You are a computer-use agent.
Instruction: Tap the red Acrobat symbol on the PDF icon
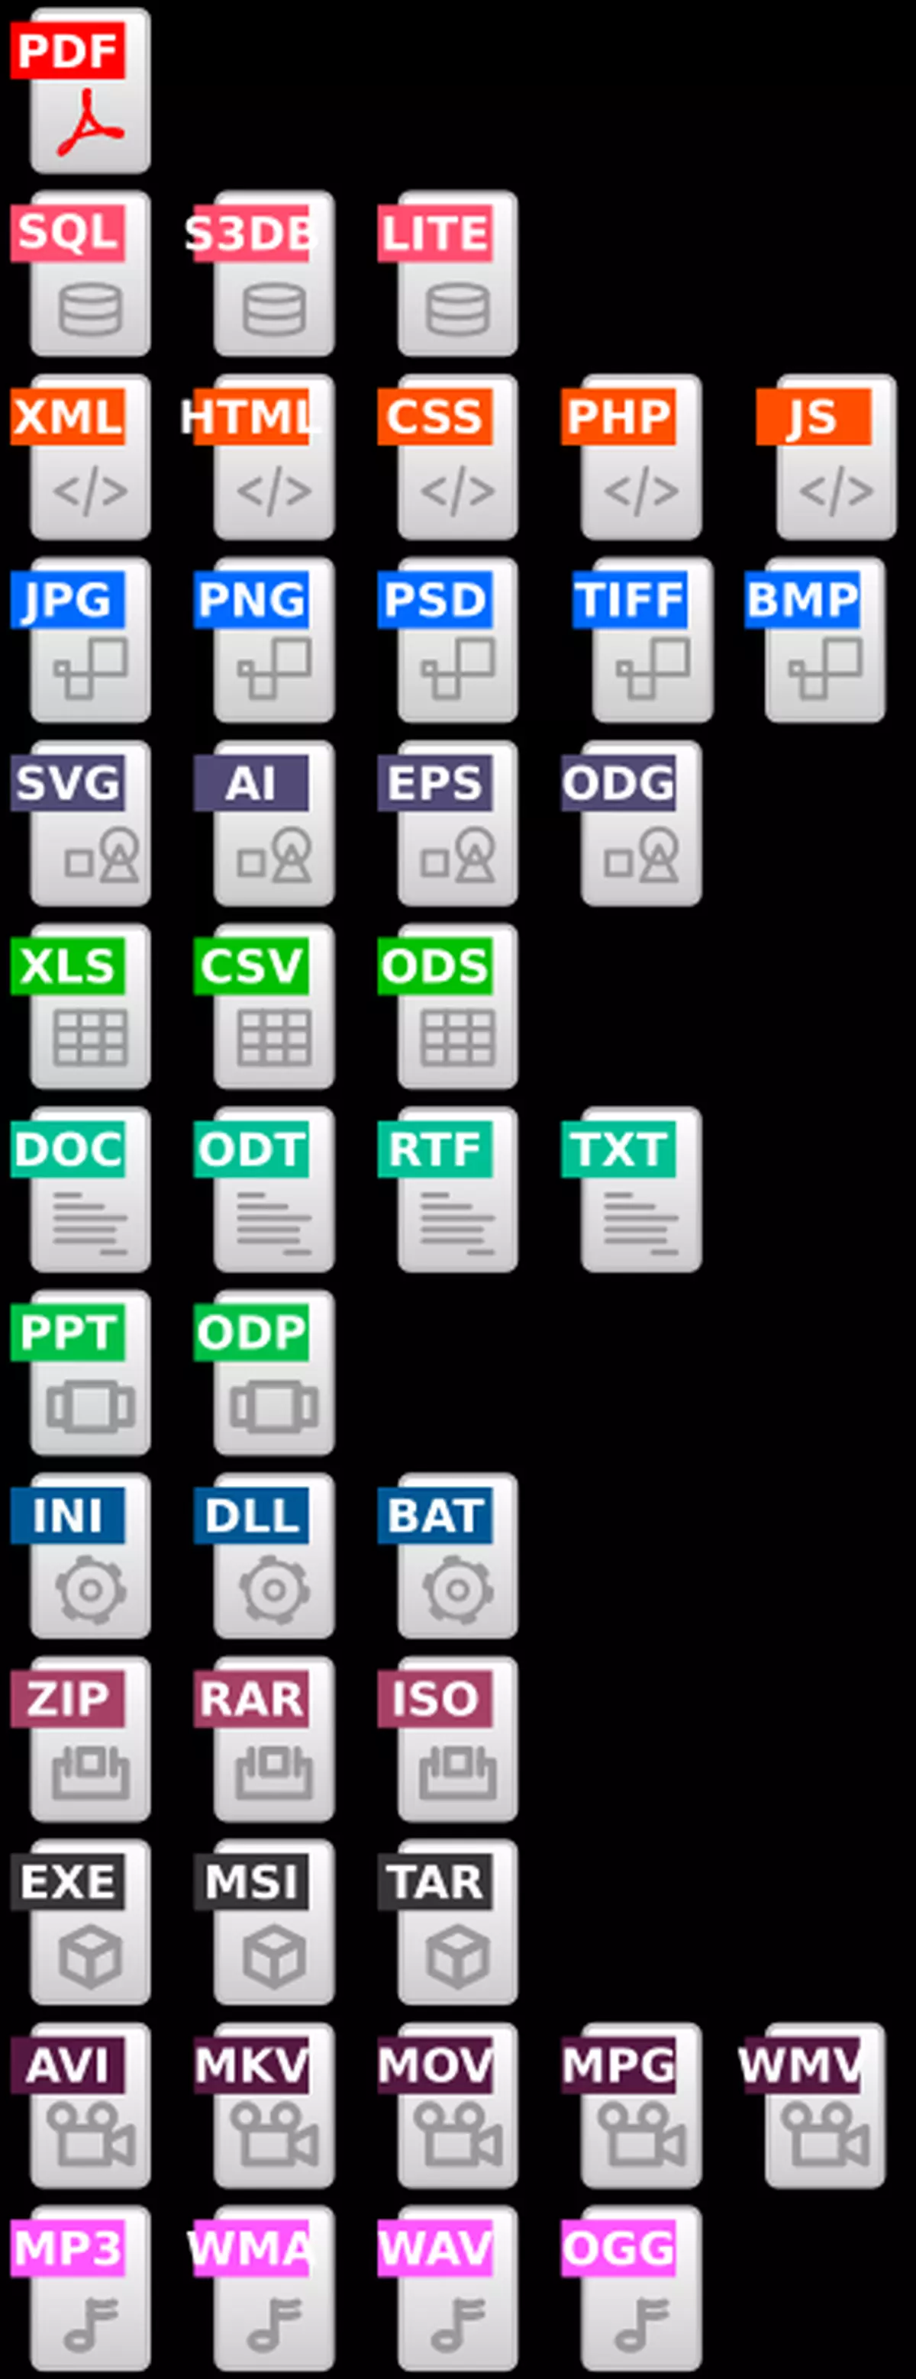tap(89, 123)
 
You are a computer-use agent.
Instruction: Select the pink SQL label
tap(67, 232)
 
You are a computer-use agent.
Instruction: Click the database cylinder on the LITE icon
tap(457, 308)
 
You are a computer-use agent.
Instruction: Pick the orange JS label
tap(813, 417)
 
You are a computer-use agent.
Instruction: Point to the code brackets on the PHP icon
tap(641, 491)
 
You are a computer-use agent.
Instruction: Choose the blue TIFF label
tap(630, 599)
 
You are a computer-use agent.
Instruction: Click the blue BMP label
tap(801, 599)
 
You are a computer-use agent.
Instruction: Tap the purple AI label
tap(250, 783)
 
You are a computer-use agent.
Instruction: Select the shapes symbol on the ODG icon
tap(643, 856)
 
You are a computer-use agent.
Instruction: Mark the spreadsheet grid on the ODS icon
tap(457, 1037)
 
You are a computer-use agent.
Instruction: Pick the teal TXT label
tap(618, 1149)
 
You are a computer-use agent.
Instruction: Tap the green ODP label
tap(250, 1333)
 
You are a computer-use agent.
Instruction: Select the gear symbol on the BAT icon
tap(457, 1588)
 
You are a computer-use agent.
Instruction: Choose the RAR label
tap(250, 1699)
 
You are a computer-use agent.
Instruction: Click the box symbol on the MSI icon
tap(273, 1955)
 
